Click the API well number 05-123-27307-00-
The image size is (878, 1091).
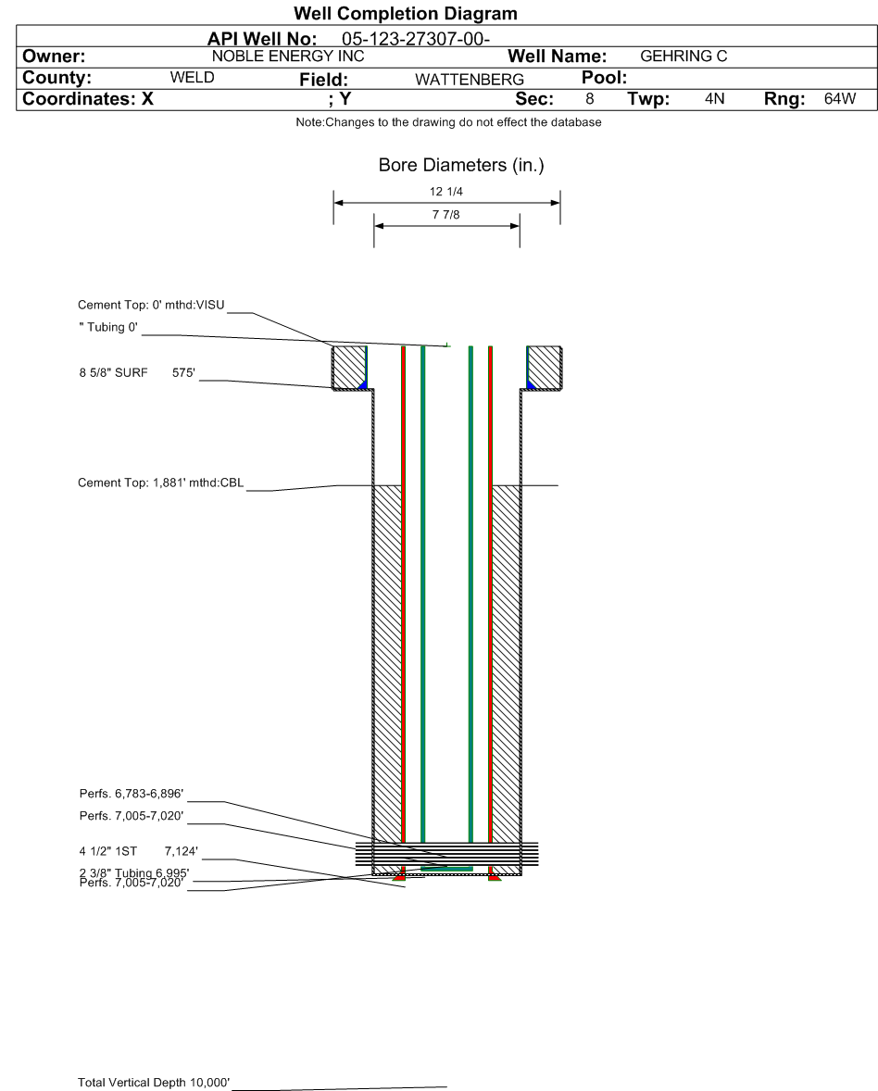(x=415, y=39)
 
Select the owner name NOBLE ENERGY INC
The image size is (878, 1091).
(x=288, y=56)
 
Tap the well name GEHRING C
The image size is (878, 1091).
(x=684, y=56)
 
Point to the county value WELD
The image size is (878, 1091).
(x=192, y=77)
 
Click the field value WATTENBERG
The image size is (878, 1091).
(x=470, y=80)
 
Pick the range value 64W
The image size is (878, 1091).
(x=840, y=99)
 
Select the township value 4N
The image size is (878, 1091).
(x=714, y=99)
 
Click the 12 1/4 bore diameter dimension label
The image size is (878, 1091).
(x=446, y=192)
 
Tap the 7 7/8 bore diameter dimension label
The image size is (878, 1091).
(x=446, y=215)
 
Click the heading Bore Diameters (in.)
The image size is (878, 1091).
(x=461, y=165)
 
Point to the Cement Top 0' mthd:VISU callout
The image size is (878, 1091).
(x=151, y=305)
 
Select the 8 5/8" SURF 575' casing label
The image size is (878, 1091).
(x=137, y=373)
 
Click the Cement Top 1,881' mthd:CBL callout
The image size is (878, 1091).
(x=161, y=483)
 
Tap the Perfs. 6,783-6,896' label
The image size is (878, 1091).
(x=132, y=794)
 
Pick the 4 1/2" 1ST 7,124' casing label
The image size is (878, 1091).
(x=138, y=851)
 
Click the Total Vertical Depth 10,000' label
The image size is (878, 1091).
(x=154, y=1083)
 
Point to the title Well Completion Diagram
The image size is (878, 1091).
(x=406, y=13)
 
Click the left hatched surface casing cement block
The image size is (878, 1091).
(x=348, y=368)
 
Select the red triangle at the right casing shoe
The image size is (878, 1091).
(x=495, y=879)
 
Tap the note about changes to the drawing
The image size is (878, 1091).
(x=449, y=122)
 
